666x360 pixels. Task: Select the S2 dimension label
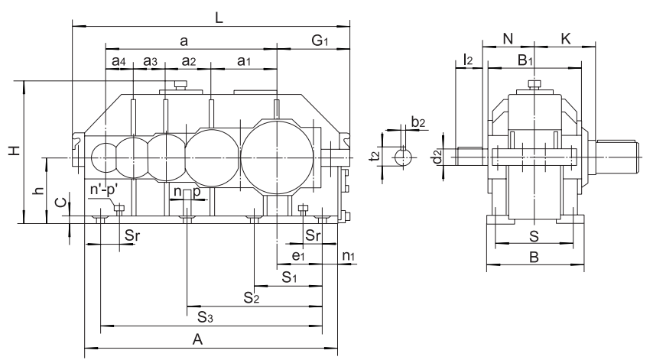point(252,297)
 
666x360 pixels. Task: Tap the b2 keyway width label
point(417,122)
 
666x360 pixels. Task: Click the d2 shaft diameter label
point(437,157)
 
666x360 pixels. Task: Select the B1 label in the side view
point(526,60)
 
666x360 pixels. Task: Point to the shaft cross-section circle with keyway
point(403,157)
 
